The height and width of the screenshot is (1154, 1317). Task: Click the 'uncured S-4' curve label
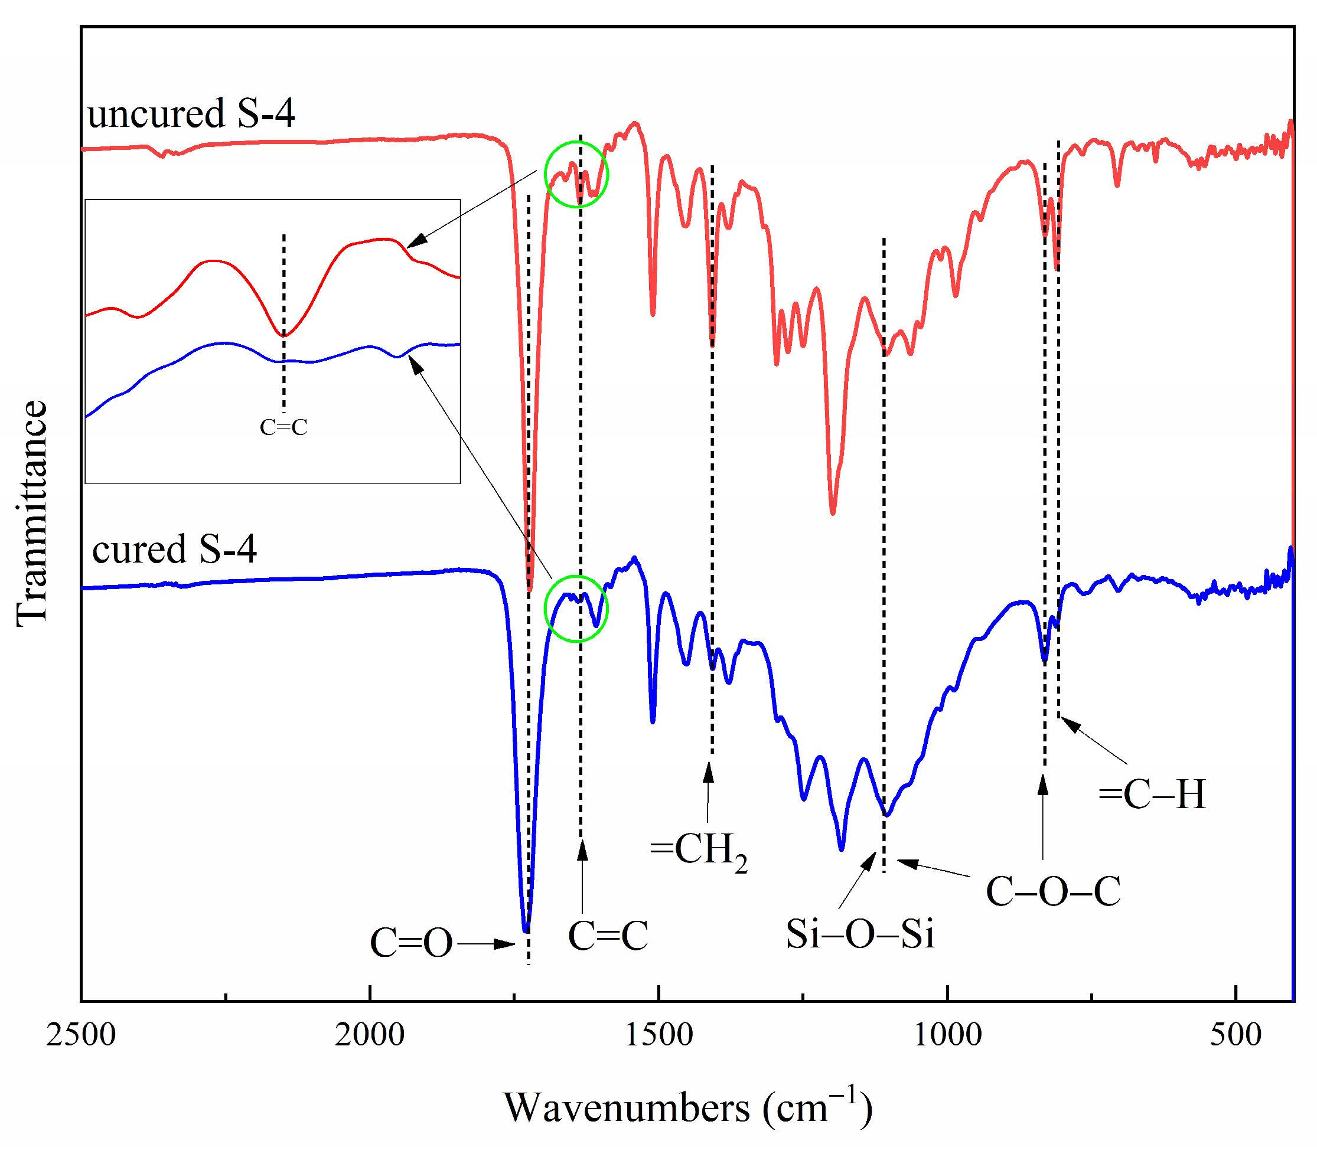[191, 114]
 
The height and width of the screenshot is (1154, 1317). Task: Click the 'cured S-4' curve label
[175, 550]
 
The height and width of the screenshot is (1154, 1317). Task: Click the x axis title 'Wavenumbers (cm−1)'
[687, 1107]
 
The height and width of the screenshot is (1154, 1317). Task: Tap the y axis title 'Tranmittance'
[32, 512]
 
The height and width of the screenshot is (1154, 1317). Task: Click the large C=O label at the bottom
[411, 943]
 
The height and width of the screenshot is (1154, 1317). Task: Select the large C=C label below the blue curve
[608, 936]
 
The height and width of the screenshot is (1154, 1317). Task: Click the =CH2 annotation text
[699, 850]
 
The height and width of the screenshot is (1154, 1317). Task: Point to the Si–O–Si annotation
[859, 933]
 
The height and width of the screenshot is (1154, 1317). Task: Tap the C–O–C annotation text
[1053, 892]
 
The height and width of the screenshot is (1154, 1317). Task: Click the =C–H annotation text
[1152, 794]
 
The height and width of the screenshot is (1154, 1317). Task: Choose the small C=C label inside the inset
[283, 427]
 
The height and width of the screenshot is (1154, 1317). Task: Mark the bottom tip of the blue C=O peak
[526, 930]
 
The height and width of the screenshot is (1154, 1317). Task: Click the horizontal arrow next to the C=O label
[487, 944]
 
